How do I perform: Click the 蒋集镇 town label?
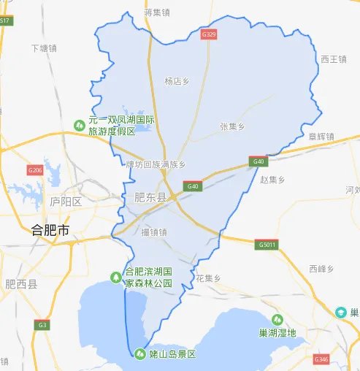157,12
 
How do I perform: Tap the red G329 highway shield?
209,34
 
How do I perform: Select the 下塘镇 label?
42,48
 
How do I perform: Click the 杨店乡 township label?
178,82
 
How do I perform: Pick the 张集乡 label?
232,126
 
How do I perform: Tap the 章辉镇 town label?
321,136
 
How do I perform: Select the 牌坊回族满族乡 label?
155,164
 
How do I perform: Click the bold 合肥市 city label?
50,230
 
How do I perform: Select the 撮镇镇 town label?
155,232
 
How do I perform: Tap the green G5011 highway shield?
268,245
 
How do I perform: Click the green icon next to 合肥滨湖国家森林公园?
115,277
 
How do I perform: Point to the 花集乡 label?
208,278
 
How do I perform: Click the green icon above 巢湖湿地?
277,319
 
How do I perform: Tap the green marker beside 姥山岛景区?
140,354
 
